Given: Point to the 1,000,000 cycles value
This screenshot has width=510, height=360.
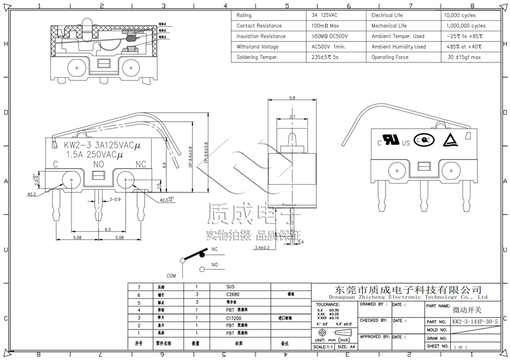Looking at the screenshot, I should click(462, 25).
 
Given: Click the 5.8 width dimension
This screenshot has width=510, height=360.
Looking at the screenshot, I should click(292, 98).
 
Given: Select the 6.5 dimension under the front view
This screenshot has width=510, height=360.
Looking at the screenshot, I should click(108, 228).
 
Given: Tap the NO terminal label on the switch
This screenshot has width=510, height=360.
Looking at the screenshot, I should click(99, 164).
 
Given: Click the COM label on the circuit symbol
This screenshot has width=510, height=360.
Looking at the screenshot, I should click(171, 275).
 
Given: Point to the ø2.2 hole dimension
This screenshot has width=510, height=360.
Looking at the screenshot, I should click(31, 194).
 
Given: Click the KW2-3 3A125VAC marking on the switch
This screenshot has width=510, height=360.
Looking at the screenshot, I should click(98, 144).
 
